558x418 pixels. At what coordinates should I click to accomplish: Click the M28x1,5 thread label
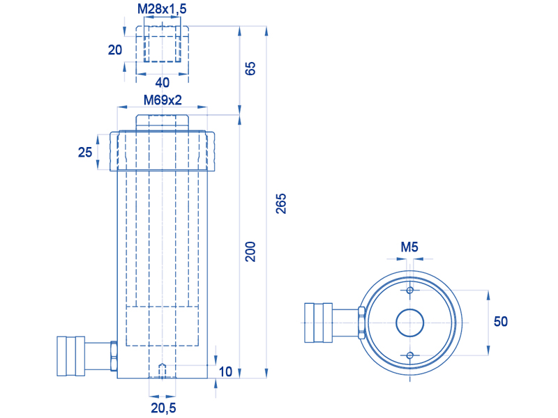[x=162, y=9]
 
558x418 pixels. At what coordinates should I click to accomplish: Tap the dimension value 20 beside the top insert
[x=115, y=49]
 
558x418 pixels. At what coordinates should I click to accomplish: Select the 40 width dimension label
[x=163, y=82]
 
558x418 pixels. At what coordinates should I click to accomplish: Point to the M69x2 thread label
[x=163, y=100]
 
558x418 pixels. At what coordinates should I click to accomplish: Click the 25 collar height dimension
[x=85, y=152]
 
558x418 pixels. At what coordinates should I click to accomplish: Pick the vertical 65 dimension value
[x=250, y=68]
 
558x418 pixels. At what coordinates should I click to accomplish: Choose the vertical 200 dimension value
[x=250, y=251]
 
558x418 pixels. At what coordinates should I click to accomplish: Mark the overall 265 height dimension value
[x=281, y=203]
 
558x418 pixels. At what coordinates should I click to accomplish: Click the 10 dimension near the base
[x=225, y=372]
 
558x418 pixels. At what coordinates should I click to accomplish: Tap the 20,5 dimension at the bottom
[x=163, y=408]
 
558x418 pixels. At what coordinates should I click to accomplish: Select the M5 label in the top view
[x=409, y=247]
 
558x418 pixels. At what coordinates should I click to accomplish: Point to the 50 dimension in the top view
[x=501, y=321]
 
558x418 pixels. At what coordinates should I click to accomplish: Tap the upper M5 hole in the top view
[x=410, y=290]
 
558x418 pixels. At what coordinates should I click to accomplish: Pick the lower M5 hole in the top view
[x=410, y=355]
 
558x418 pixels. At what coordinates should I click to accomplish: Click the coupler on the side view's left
[x=71, y=356]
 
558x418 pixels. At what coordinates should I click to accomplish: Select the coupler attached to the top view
[x=319, y=323]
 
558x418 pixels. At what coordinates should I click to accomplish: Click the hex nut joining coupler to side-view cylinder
[x=114, y=356]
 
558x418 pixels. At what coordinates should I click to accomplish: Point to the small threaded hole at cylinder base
[x=163, y=371]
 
